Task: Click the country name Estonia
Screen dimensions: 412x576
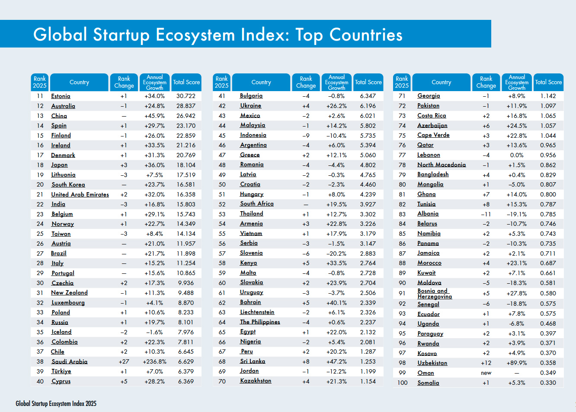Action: [x=61, y=96]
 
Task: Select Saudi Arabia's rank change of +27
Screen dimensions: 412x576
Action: [x=124, y=361]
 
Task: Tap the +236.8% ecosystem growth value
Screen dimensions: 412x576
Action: [x=154, y=361]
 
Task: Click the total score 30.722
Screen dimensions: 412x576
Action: [x=186, y=96]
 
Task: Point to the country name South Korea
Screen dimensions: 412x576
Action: [x=68, y=185]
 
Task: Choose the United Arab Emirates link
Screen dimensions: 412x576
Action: [x=80, y=195]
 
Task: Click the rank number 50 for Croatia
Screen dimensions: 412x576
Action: [x=222, y=184]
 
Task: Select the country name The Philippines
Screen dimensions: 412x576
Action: [x=260, y=322]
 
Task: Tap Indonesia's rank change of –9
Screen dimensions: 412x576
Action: [x=306, y=136]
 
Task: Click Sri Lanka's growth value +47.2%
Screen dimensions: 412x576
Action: [x=336, y=361]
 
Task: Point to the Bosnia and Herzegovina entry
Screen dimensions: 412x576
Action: [x=434, y=294]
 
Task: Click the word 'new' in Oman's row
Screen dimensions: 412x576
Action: [x=486, y=373]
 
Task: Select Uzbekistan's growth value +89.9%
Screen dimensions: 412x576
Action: [x=516, y=363]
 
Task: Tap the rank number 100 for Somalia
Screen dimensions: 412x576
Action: [x=402, y=383]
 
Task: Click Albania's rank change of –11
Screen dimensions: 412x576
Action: [x=486, y=214]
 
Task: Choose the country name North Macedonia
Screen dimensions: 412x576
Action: [x=442, y=165]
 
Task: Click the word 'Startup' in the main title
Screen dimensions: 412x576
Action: [x=121, y=35]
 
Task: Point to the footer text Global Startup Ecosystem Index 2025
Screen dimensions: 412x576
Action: [x=56, y=404]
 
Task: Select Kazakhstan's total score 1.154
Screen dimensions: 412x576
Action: [x=368, y=381]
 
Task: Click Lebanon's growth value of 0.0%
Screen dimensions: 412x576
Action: [x=516, y=155]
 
